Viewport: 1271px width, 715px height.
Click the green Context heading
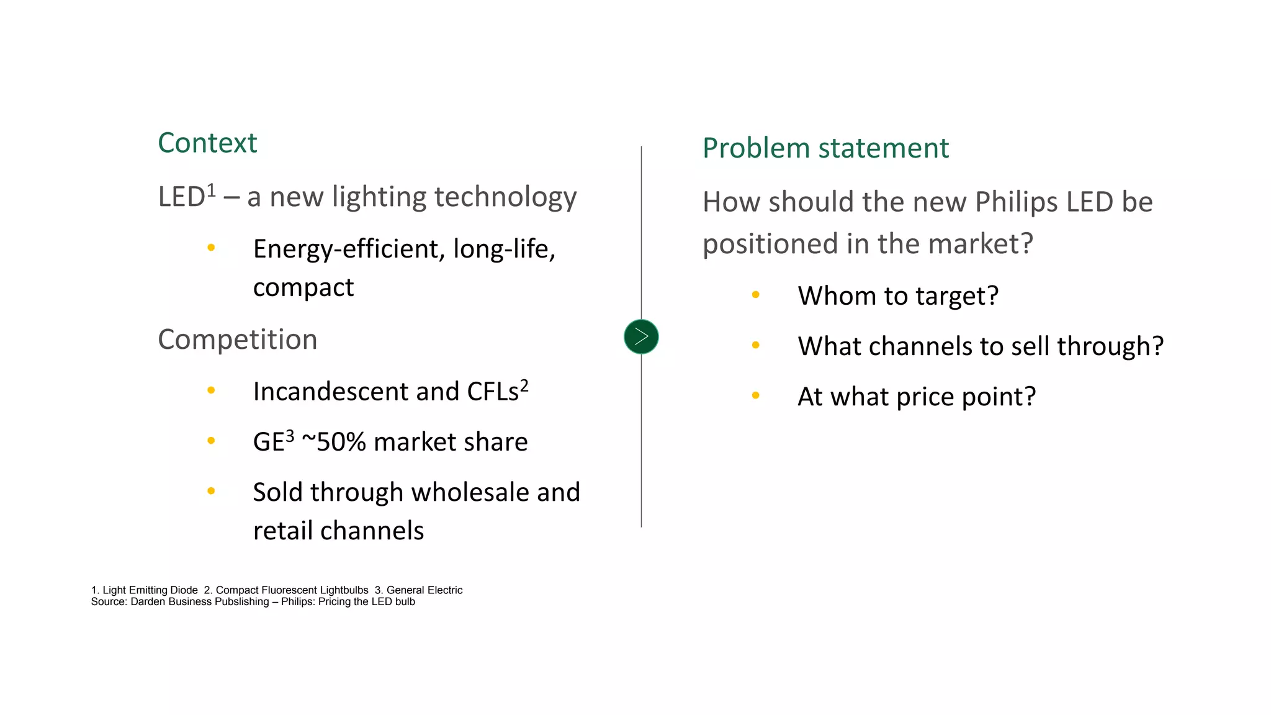[207, 143]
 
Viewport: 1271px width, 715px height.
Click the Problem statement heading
[825, 148]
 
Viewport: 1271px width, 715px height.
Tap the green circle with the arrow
[641, 337]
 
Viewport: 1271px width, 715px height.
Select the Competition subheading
[238, 340]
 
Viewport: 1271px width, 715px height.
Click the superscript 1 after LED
[211, 190]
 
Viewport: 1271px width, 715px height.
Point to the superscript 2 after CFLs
[524, 386]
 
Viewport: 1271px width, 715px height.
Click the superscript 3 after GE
[290, 436]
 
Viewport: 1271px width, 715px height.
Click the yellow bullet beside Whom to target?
[755, 295]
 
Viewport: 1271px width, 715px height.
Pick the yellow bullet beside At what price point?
[755, 395]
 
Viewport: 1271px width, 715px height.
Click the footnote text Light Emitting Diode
[150, 590]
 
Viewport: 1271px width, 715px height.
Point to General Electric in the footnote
[424, 590]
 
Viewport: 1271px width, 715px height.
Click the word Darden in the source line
[148, 601]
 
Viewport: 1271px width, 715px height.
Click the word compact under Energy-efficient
[303, 288]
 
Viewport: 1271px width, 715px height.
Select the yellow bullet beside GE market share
[211, 441]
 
